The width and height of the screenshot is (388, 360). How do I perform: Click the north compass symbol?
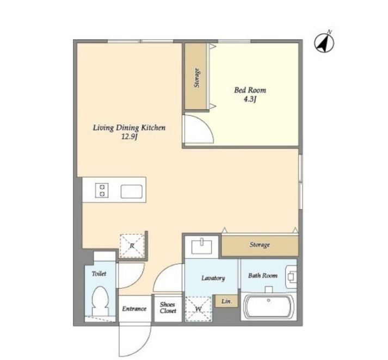[x=324, y=42]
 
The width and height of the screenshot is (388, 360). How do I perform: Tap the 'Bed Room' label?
[x=250, y=90]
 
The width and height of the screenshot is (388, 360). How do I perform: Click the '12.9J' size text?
[x=129, y=136]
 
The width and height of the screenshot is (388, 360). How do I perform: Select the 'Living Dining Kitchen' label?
[x=129, y=128]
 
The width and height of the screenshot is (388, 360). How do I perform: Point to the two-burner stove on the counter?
[x=102, y=190]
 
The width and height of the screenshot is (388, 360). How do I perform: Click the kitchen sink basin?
[x=131, y=191]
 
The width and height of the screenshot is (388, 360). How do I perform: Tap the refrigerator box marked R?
[x=132, y=245]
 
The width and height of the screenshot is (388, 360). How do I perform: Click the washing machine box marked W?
[x=198, y=309]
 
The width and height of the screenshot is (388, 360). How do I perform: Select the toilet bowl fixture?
[x=100, y=301]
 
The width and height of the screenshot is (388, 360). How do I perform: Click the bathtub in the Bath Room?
[x=269, y=307]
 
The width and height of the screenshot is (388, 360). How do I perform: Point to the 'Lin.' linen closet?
[x=226, y=301]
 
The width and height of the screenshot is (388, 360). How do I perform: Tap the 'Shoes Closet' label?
[x=168, y=308]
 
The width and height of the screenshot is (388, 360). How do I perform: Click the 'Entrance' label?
[x=134, y=308]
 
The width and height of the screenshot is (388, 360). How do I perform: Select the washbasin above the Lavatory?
[x=202, y=246]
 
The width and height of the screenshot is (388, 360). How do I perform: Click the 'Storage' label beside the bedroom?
[x=197, y=78]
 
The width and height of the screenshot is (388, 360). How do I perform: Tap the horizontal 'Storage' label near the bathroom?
[x=260, y=245]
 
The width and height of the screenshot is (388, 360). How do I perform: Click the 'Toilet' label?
[x=99, y=274]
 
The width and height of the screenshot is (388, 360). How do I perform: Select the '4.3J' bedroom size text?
[x=250, y=100]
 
